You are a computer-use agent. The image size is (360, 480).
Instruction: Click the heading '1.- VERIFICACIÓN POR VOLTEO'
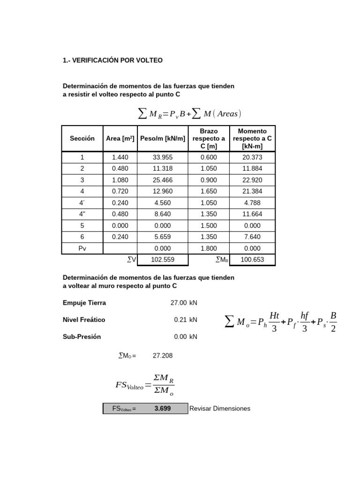[x=112, y=60]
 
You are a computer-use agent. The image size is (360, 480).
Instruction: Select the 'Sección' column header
[x=82, y=138]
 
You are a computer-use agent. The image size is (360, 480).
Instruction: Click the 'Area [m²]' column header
[x=120, y=138]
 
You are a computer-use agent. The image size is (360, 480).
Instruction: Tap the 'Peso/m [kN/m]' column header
[x=163, y=138]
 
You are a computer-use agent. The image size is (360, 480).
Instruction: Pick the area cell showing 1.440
[x=120, y=157]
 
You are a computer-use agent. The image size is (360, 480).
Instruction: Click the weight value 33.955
[x=162, y=157]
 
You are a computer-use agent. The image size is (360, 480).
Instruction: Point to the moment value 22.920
[x=252, y=180]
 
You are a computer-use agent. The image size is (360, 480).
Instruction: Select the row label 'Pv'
[x=82, y=248]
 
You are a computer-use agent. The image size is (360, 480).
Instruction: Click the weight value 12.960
[x=162, y=191]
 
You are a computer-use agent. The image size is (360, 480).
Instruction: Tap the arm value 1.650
[x=209, y=191]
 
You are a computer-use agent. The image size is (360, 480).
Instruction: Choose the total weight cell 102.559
[x=162, y=260]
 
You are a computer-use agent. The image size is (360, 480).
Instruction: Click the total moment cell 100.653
[x=252, y=260]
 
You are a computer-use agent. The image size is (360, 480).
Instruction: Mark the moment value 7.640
[x=252, y=237]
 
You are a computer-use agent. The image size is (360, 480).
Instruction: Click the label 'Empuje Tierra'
[x=84, y=303]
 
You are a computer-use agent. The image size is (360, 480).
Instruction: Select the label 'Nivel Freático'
[x=84, y=320]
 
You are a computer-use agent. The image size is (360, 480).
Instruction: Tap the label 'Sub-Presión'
[x=82, y=337]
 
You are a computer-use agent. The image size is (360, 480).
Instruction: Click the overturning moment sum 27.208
[x=163, y=356]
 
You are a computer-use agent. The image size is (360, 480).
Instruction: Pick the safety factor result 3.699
[x=163, y=408]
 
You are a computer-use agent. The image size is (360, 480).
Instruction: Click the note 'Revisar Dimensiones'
[x=220, y=408]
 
